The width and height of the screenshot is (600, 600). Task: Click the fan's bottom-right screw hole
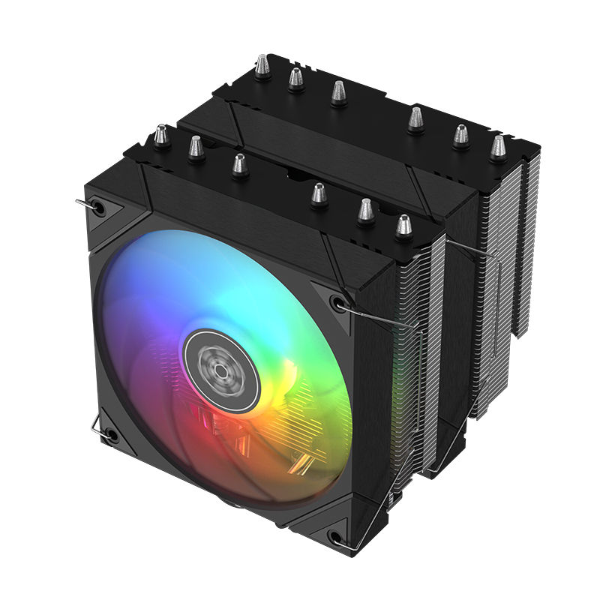tap(337, 537)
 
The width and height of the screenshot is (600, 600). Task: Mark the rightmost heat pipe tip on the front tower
tap(404, 226)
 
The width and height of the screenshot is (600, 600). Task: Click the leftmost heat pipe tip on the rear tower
tap(262, 67)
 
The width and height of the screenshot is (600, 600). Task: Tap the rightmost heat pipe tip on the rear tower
tap(497, 148)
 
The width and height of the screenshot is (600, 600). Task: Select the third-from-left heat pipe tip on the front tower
tap(239, 165)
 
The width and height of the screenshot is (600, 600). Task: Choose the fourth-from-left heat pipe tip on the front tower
tap(319, 195)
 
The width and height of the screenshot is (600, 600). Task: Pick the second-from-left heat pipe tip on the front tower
tap(196, 146)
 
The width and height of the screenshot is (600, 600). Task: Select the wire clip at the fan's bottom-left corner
tap(96, 427)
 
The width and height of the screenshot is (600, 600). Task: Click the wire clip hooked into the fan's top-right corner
tap(375, 319)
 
